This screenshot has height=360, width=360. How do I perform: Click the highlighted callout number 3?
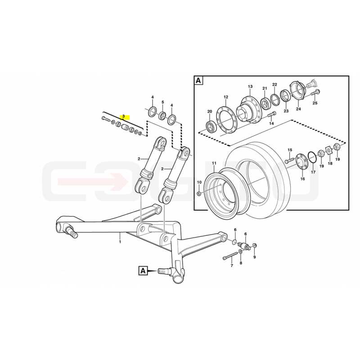[123, 117]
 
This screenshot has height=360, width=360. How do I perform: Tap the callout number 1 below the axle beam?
[120, 242]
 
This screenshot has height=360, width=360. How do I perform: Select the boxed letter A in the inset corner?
[198, 81]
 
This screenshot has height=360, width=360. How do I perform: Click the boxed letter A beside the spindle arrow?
[143, 271]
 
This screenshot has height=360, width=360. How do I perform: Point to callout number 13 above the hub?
[250, 86]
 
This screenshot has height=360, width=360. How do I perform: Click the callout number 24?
[298, 109]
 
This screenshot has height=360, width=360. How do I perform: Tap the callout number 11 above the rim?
[214, 163]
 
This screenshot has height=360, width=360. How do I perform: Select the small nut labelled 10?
[199, 193]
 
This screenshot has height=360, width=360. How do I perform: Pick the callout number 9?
[254, 257]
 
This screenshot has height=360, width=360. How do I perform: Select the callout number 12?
[226, 97]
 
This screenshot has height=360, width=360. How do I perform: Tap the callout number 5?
[163, 102]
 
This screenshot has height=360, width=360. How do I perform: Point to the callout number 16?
[302, 179]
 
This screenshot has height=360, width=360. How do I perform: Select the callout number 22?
[274, 85]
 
